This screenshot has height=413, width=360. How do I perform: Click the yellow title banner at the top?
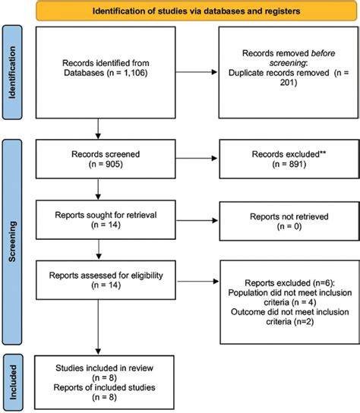tap(195, 11)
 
